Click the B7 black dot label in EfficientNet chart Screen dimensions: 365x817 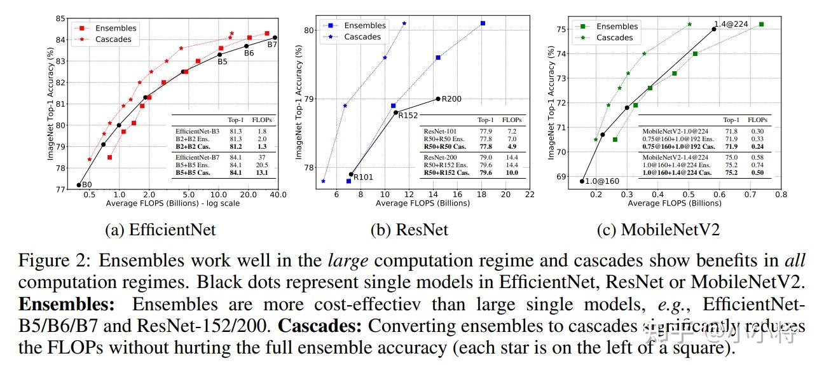coord(271,45)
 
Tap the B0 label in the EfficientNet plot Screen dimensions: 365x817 coord(86,184)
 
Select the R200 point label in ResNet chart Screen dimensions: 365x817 coord(451,99)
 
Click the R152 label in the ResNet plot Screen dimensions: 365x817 coord(408,115)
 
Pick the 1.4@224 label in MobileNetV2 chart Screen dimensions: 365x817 coord(731,24)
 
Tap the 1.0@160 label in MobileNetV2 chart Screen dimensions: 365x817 coord(601,181)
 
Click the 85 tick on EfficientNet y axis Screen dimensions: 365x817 coord(60,18)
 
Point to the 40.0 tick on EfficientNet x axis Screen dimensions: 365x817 coord(277,195)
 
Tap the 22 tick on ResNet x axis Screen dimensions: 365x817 coord(530,195)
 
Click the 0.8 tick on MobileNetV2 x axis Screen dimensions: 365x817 coord(781,195)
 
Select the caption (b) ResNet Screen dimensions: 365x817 coord(409,230)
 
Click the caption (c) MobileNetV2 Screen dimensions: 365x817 coord(658,230)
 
